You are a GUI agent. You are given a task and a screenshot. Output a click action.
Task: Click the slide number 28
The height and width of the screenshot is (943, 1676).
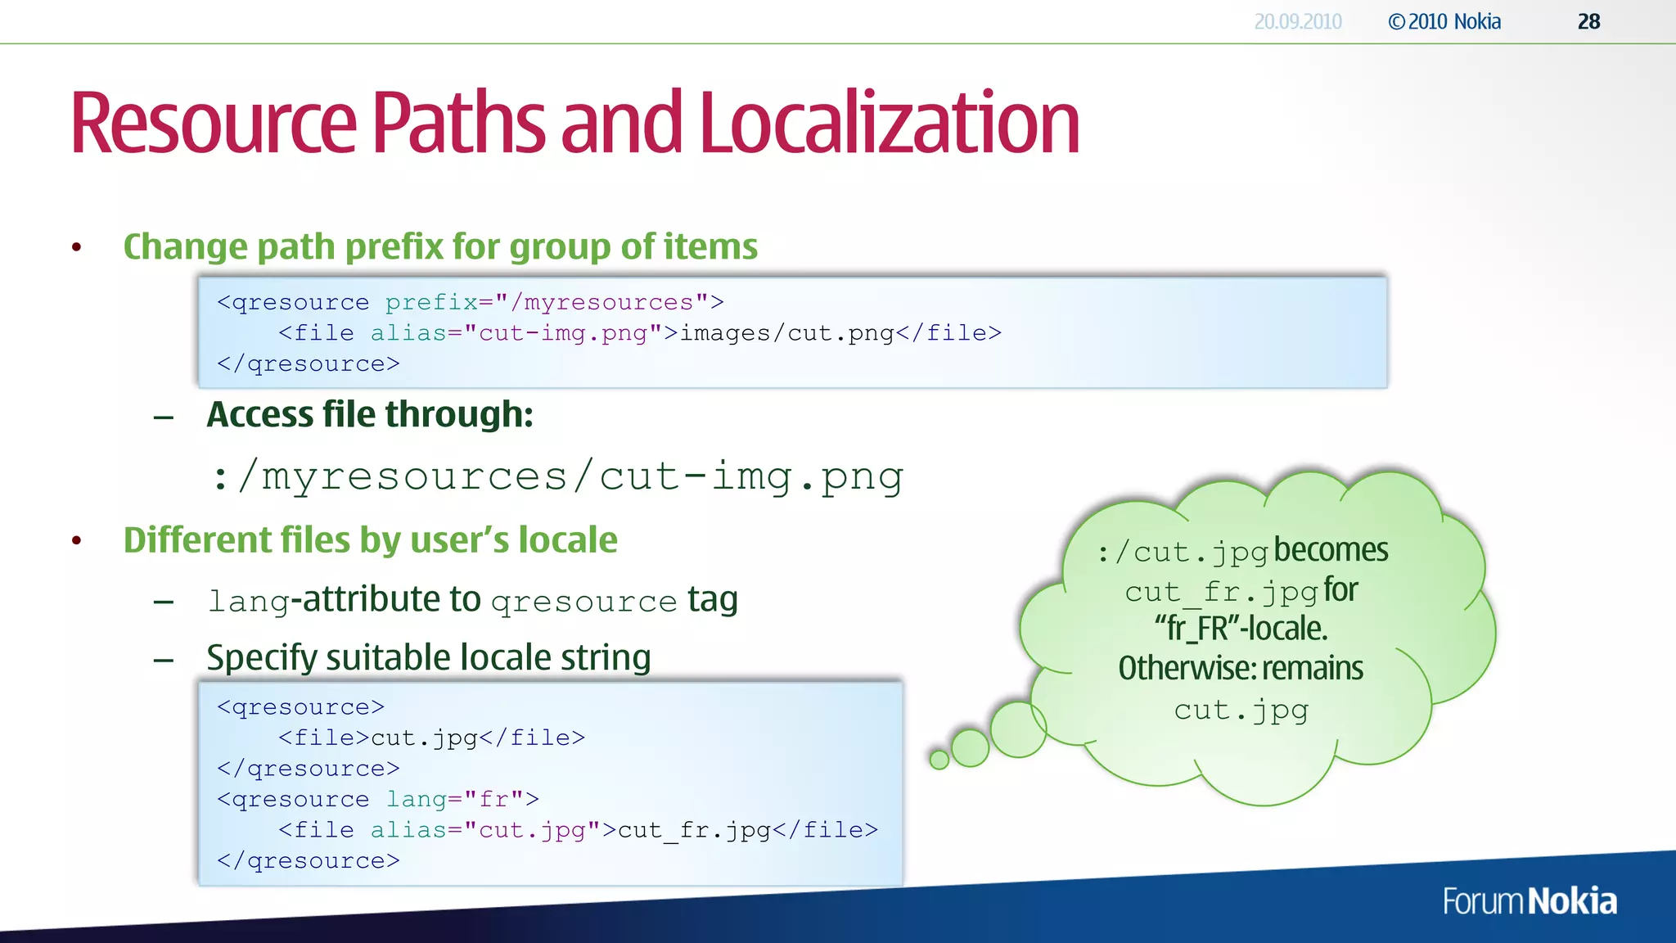pyautogui.click(x=1588, y=22)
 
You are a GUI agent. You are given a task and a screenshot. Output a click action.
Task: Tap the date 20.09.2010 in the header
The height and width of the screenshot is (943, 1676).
pyautogui.click(x=1298, y=22)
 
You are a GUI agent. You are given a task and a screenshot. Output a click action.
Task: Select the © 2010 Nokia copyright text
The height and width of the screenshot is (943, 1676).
pyautogui.click(x=1444, y=22)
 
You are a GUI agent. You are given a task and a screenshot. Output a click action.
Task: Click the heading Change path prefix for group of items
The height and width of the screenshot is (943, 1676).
pyautogui.click(x=440, y=246)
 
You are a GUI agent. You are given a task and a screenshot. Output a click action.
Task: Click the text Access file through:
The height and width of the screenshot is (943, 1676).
pyautogui.click(x=370, y=414)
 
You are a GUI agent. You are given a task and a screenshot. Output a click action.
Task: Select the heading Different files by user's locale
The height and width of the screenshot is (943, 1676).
pyautogui.click(x=370, y=540)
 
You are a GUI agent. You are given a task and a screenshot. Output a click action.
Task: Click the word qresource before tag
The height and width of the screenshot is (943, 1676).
pyautogui.click(x=584, y=602)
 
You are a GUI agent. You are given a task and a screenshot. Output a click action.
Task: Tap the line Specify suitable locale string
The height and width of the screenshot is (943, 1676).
pyautogui.click(x=429, y=657)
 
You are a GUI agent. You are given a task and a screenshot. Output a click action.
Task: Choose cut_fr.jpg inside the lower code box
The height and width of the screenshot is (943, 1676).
pyautogui.click(x=694, y=830)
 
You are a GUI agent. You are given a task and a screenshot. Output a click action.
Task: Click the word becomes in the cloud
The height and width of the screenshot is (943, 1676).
pyautogui.click(x=1331, y=550)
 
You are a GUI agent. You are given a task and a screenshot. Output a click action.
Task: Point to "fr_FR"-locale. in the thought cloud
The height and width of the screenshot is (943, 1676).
pyautogui.click(x=1241, y=629)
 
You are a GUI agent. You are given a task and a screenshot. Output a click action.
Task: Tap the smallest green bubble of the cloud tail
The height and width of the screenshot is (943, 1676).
pyautogui.click(x=939, y=760)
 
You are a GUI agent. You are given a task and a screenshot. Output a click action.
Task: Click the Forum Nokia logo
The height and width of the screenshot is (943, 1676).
pyautogui.click(x=1529, y=901)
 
